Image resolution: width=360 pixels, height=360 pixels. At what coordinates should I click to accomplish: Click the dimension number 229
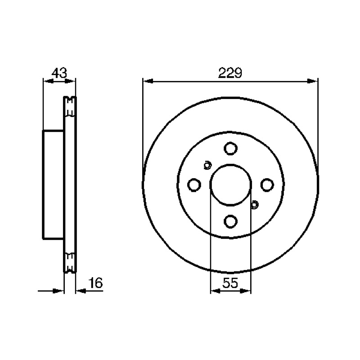[x=230, y=73]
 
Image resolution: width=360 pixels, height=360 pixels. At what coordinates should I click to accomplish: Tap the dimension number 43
[x=59, y=73]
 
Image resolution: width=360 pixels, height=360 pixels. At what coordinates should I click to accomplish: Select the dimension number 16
[x=95, y=283]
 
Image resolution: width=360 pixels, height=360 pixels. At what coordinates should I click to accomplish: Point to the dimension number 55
[x=230, y=283]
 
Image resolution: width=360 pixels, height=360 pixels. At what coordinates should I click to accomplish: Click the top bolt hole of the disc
[x=230, y=148]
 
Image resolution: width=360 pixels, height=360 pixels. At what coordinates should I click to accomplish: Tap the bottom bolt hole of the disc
[x=230, y=221]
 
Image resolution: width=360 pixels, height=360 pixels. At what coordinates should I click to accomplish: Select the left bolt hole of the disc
[x=194, y=185]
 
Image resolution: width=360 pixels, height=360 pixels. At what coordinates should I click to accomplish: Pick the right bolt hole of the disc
[x=267, y=185]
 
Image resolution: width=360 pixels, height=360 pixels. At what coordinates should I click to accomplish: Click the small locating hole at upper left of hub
[x=207, y=165]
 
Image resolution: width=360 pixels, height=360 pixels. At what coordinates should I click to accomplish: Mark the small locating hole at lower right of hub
[x=254, y=204]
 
